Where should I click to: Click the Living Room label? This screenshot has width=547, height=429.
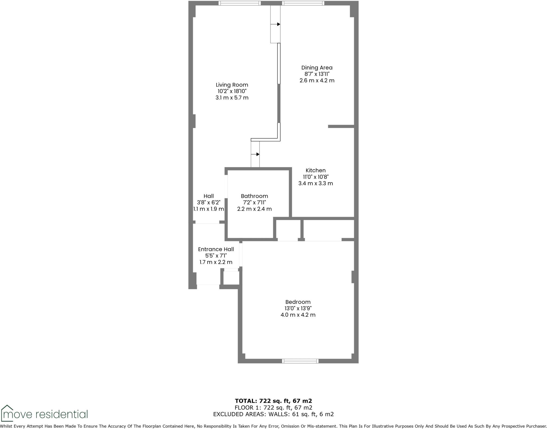click(x=232, y=85)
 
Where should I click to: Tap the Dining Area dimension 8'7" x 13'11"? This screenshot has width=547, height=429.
click(x=317, y=74)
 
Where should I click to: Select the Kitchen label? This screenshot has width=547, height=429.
click(x=315, y=170)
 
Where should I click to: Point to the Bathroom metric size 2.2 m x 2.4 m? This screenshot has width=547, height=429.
click(x=254, y=209)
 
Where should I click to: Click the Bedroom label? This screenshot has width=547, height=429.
click(x=298, y=302)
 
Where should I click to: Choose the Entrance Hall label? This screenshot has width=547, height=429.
click(x=216, y=249)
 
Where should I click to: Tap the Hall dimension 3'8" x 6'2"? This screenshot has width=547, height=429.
click(x=209, y=203)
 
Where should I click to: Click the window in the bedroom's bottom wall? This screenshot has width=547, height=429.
click(x=300, y=361)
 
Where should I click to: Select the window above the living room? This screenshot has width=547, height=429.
click(x=239, y=3)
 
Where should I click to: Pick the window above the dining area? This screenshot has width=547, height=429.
click(x=303, y=3)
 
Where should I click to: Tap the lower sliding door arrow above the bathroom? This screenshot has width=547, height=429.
click(x=255, y=154)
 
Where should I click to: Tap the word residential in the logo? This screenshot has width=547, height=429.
click(x=61, y=415)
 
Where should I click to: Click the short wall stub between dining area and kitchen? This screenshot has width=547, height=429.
click(x=341, y=126)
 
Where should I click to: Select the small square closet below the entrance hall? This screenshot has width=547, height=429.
click(x=231, y=278)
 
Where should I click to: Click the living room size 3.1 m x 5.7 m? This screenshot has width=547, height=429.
click(x=232, y=98)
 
